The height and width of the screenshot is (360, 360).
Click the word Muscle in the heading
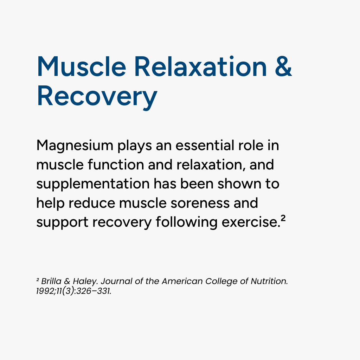coord(82,66)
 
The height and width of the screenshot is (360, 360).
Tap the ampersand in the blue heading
coord(283,66)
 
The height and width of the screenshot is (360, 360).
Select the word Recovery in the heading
coord(97,96)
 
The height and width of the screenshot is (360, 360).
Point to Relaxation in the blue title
coord(201,66)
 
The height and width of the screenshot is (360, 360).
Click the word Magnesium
coord(75,146)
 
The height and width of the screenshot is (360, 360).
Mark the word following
coord(186,223)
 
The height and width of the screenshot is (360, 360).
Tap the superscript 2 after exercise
coord(283,218)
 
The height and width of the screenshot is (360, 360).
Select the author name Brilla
coord(51,281)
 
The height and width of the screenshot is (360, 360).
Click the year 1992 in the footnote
coord(45,291)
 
